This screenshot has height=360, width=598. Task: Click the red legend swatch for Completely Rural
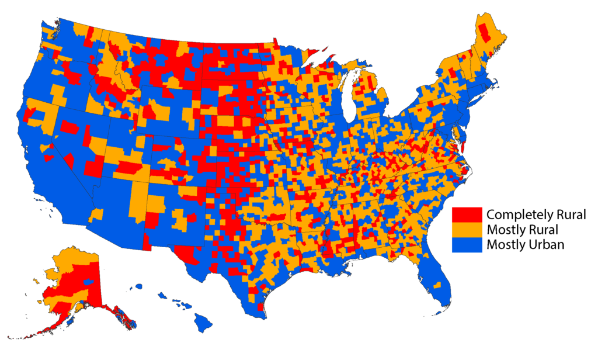[467, 214]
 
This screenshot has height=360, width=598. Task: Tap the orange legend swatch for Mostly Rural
[467, 229]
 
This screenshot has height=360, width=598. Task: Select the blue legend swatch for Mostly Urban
[467, 244]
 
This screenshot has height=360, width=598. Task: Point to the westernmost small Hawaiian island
[139, 286]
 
